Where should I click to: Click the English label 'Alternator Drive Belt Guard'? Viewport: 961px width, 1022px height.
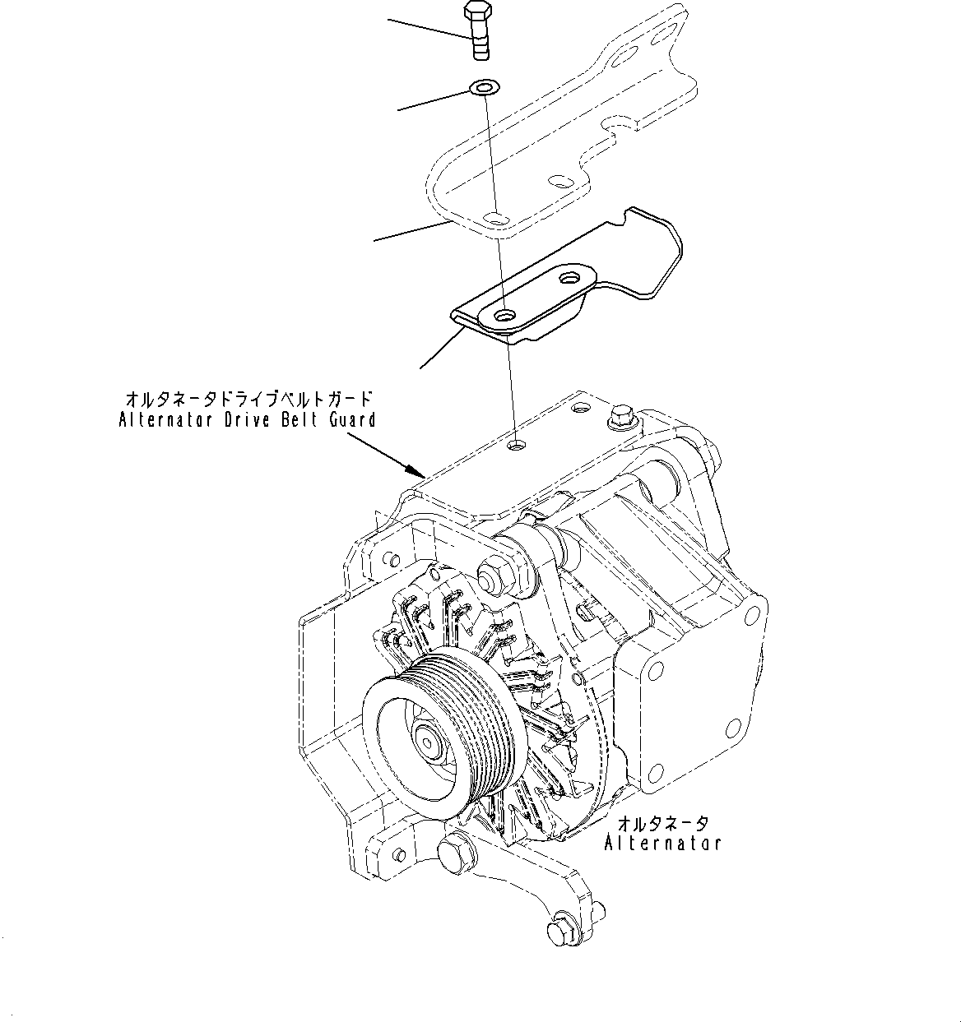pyautogui.click(x=247, y=420)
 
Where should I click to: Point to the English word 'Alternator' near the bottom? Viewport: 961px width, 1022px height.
pyautogui.click(x=663, y=843)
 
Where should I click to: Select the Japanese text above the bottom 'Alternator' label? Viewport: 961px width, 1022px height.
pyautogui.click(x=663, y=823)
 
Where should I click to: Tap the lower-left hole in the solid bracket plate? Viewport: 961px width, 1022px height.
pyautogui.click(x=504, y=314)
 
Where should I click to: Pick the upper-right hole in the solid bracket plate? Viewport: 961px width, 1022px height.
pyautogui.click(x=569, y=278)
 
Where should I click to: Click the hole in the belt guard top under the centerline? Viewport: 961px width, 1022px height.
pyautogui.click(x=516, y=445)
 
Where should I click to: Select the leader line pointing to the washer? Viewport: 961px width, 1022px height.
pyautogui.click(x=432, y=98)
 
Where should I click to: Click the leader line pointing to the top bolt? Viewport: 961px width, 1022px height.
pyautogui.click(x=428, y=27)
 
